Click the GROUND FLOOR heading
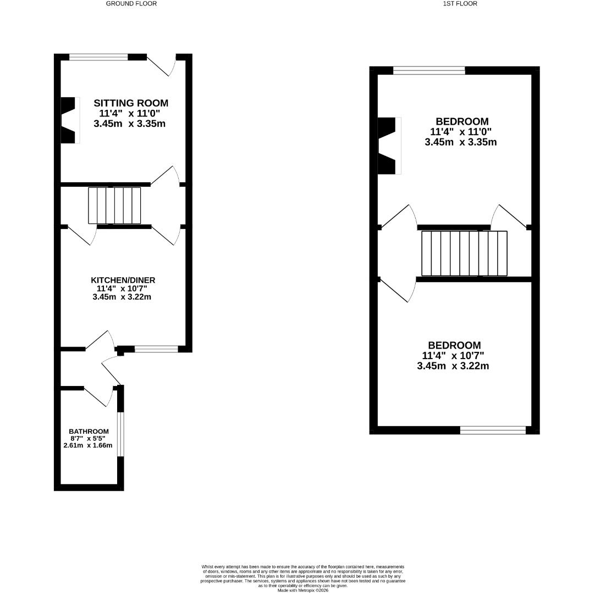coord(131,3)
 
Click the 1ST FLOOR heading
coord(460,3)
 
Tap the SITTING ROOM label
coord(131,103)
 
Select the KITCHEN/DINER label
coord(123,280)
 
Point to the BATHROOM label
coord(89,432)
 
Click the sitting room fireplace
coord(69,120)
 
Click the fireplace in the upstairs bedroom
coord(388,146)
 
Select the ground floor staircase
coord(114,205)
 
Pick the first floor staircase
coord(464,253)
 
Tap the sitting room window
coord(98,57)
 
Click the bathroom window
coord(121,434)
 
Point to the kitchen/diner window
coord(156,349)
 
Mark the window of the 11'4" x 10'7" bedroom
coord(493,430)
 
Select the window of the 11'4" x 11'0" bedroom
coord(429,70)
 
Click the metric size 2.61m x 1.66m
coord(88,445)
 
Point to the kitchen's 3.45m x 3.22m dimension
coord(122,297)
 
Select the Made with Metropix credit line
coord(303,590)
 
